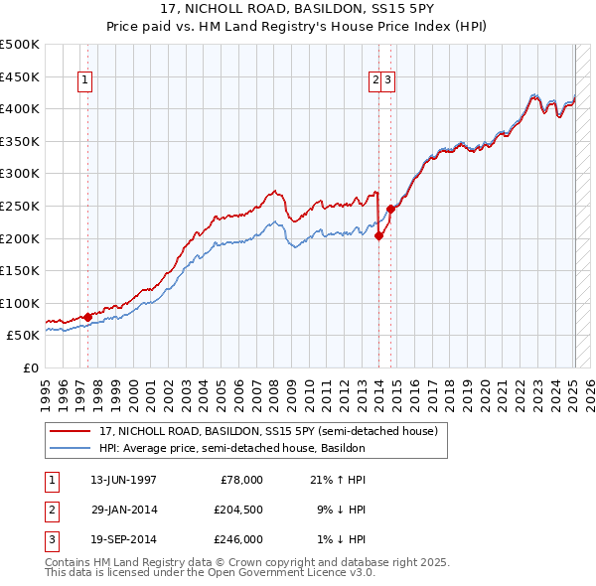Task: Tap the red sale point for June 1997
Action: coord(87,317)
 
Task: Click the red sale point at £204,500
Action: coord(379,235)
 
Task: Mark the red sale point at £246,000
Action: coord(391,209)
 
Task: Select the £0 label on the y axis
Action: coord(31,367)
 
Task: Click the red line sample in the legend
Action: coord(72,431)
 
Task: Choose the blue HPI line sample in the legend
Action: coord(72,449)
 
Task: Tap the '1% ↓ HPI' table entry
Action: coord(341,539)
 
